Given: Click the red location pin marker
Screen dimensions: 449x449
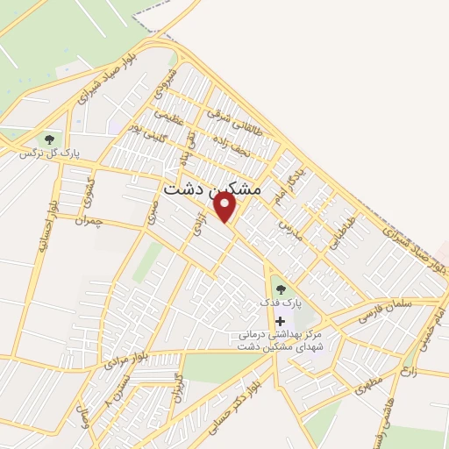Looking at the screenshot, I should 225,208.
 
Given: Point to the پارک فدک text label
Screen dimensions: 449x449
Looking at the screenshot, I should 280,303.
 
